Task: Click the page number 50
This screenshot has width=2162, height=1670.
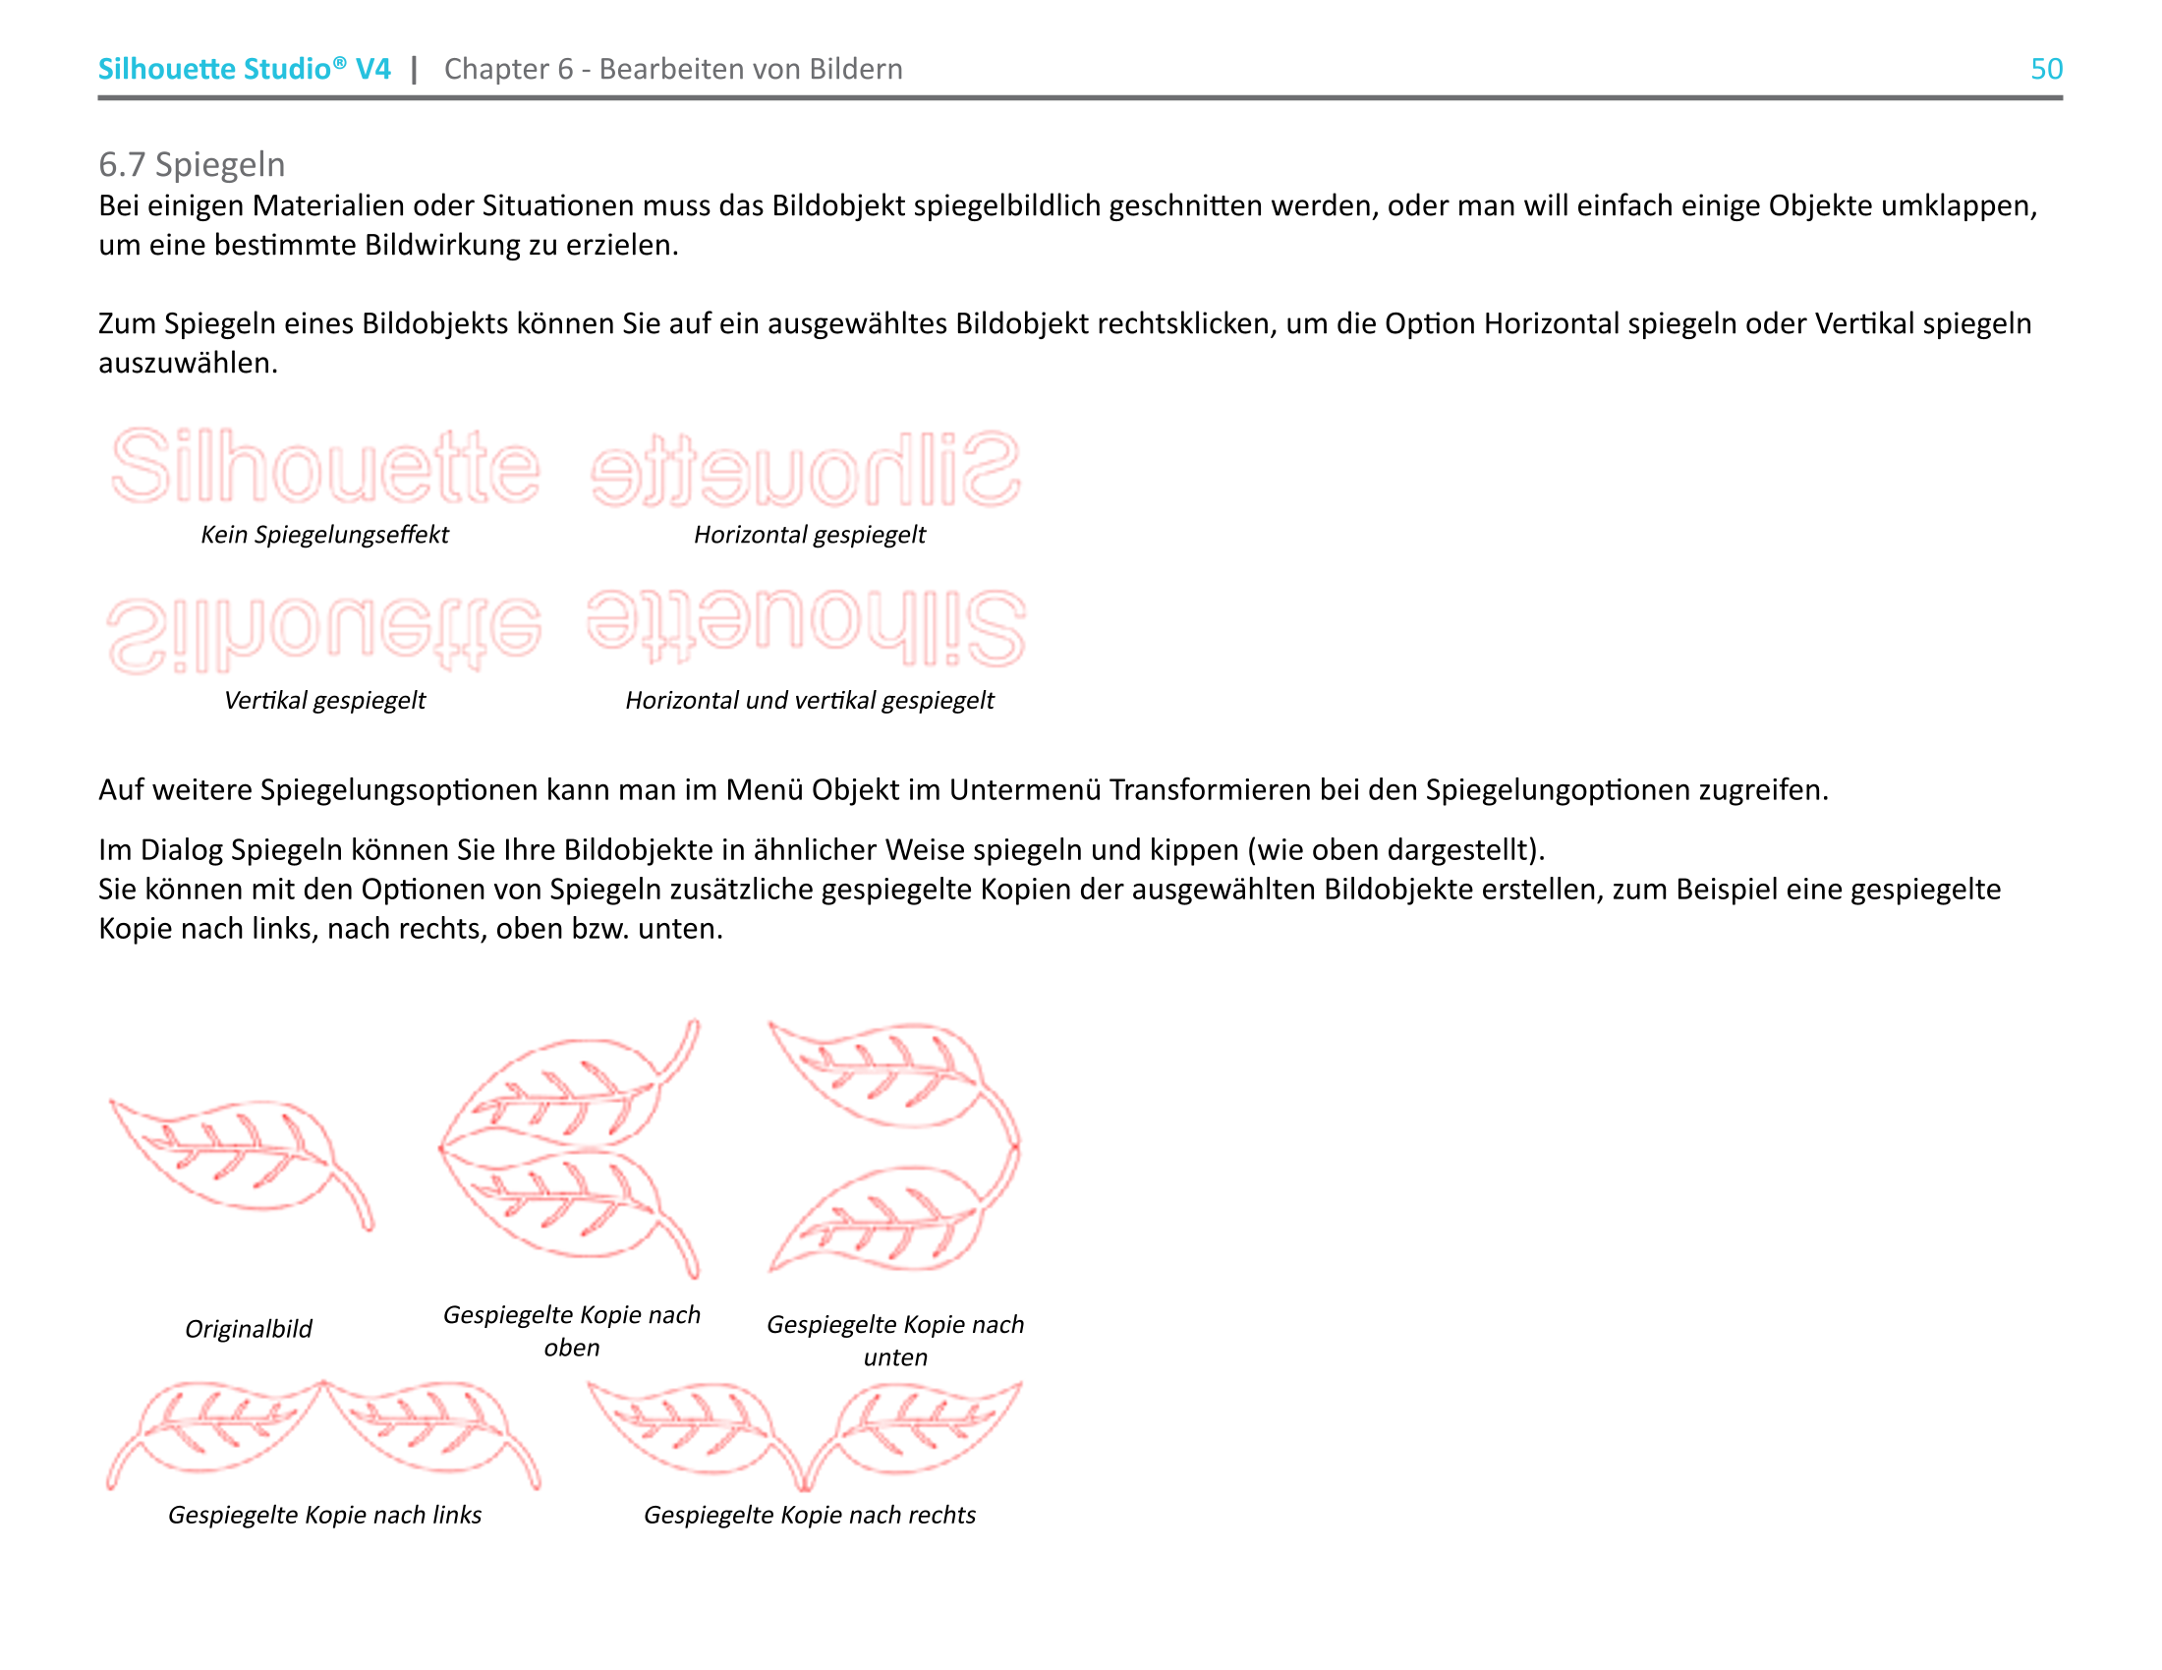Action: coord(2045,69)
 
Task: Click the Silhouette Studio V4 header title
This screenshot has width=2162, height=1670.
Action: coord(244,69)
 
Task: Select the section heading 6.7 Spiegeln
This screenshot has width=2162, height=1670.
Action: coord(192,164)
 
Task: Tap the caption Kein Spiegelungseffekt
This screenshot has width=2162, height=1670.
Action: coord(324,535)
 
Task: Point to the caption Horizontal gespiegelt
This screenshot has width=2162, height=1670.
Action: coord(809,535)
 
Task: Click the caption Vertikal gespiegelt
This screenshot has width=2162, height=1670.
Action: coord(324,700)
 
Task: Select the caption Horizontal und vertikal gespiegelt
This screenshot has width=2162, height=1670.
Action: coord(809,700)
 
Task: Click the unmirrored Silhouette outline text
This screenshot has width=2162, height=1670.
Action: coord(325,466)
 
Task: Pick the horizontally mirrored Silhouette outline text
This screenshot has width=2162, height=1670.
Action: coord(806,468)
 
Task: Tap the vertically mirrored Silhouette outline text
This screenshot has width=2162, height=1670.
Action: coord(324,634)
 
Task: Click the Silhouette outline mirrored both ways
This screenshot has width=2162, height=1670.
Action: coord(806,627)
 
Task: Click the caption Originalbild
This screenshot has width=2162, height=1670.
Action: coord(249,1329)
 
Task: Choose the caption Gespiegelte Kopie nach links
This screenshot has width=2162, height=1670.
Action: coord(324,1515)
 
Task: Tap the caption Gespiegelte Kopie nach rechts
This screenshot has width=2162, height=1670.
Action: coord(809,1515)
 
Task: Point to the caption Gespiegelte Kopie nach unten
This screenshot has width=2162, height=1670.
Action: coord(895,1341)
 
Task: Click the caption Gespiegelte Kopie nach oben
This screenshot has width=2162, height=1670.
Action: coord(571,1331)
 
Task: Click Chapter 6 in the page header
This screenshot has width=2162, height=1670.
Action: coord(509,69)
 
